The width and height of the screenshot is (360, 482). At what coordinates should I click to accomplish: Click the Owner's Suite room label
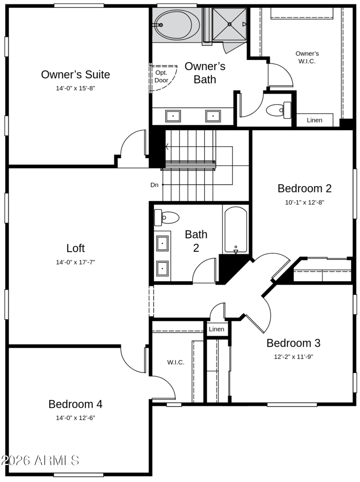click(76, 74)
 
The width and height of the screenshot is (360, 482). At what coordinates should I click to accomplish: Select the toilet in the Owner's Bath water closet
click(279, 110)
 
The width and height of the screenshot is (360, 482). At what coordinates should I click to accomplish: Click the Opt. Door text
click(161, 77)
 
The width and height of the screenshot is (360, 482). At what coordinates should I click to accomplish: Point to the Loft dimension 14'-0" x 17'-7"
click(76, 262)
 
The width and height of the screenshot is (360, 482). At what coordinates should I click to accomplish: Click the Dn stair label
click(154, 185)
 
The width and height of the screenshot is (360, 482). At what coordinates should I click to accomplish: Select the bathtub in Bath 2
click(236, 230)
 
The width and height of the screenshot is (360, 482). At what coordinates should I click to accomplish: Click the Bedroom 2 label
click(304, 188)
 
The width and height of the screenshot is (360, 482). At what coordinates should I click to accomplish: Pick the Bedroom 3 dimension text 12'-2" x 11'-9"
click(293, 357)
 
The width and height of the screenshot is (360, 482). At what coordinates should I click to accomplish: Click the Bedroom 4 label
click(75, 404)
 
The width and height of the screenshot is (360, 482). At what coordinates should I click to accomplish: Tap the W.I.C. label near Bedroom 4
click(175, 363)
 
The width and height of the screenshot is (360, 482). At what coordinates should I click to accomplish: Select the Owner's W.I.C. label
click(307, 57)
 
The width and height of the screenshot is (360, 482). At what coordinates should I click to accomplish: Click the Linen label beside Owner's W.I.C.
click(315, 120)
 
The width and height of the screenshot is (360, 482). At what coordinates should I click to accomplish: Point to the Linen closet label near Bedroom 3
click(216, 329)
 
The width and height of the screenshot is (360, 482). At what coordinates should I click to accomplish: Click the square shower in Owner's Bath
click(229, 24)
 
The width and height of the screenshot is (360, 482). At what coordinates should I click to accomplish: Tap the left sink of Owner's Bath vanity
click(173, 116)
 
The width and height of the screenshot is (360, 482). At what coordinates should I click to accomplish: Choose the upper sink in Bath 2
click(162, 243)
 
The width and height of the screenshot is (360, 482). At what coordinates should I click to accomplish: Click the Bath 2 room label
click(196, 241)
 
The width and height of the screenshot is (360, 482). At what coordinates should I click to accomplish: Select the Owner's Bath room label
click(205, 73)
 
